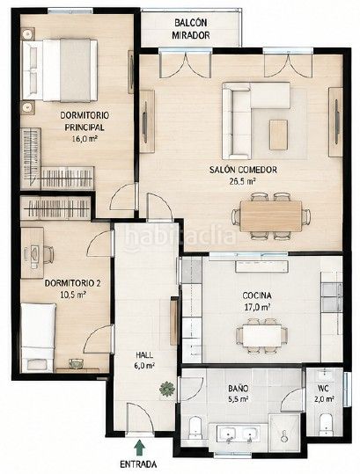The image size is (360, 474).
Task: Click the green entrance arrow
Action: coord(139,448)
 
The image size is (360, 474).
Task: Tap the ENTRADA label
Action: coord(138,464)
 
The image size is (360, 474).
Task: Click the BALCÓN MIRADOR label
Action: coord(191,29)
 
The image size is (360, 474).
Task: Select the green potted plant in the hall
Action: coord(167,388)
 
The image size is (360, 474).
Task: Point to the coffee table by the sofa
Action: coord(278,135)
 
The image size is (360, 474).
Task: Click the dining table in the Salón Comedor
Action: coord(271,216)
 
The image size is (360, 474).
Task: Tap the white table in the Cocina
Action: coord(261,336)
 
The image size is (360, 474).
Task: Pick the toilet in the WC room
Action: coord(327,425)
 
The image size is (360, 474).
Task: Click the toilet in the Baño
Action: coord(195,427)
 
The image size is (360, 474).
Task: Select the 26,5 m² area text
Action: coord(243,181)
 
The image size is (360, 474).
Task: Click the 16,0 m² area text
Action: coord(84,139)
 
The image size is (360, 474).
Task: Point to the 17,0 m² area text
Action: coord(257,307)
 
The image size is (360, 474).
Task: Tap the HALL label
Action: coord(144,355)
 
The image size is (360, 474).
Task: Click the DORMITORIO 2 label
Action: coord(72,283)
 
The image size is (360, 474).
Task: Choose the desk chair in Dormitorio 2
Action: coord(48,254)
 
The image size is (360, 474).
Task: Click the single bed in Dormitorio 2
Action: coord(38,338)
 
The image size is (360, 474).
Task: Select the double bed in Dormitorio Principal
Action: coord(60,70)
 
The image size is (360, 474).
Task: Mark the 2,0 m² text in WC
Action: coord(326,399)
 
